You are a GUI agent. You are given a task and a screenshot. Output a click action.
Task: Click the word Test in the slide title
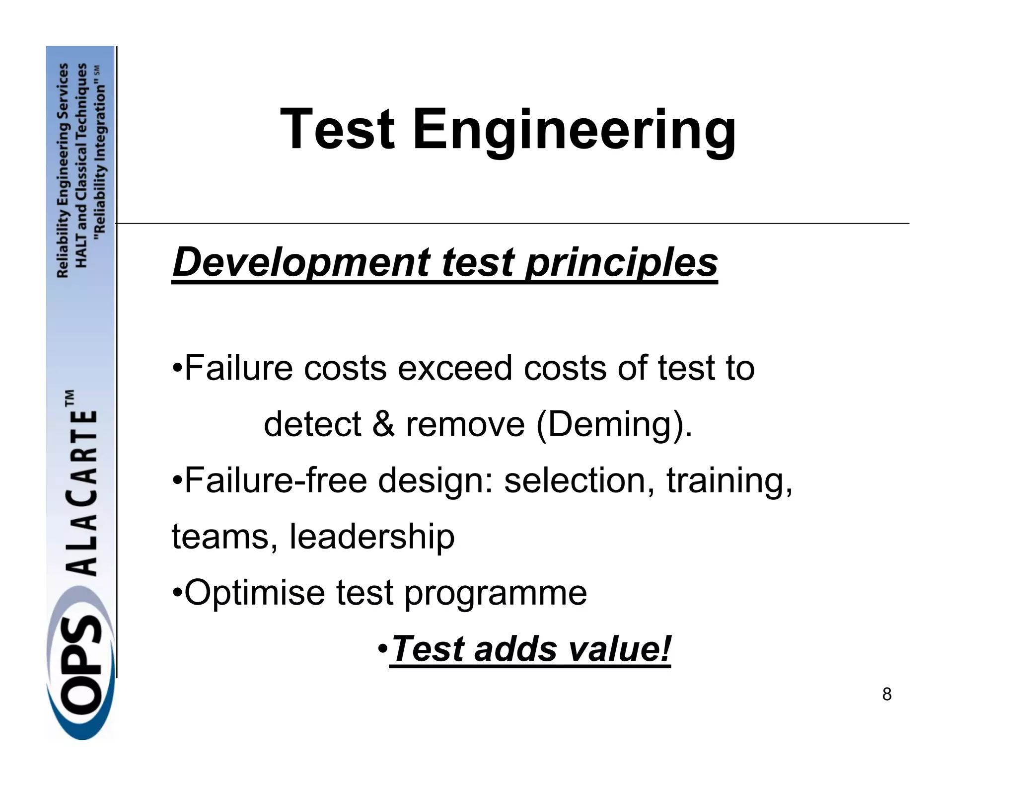click(338, 130)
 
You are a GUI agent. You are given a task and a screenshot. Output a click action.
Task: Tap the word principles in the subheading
click(621, 263)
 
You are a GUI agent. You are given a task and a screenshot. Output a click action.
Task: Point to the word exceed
click(455, 369)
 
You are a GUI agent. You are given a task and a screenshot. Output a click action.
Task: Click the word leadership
click(371, 538)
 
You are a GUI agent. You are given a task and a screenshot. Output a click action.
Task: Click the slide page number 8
click(887, 695)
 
